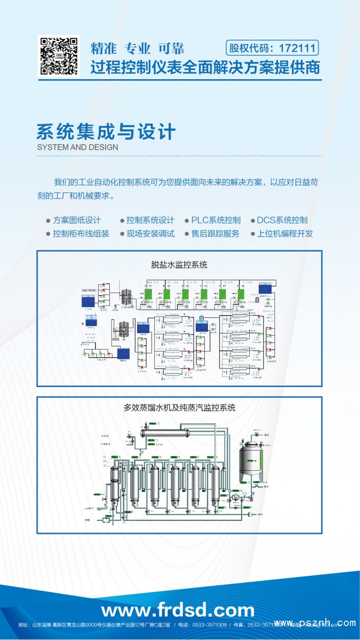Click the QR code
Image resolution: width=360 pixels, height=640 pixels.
pos(58,56)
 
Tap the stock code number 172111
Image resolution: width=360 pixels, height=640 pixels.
pos(298,48)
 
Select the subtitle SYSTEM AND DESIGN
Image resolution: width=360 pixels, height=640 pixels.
pos(77,147)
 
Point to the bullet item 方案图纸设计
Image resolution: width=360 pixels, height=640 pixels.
pos(76,220)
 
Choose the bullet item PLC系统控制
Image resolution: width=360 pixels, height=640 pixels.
pos(216,220)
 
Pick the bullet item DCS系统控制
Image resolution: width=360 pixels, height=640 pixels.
pos(282,220)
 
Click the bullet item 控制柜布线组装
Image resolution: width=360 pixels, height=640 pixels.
pos(81,234)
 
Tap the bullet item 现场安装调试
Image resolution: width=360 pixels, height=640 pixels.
pos(150,234)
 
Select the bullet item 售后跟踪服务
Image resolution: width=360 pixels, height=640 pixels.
pos(215,234)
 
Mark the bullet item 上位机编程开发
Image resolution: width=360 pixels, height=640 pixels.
pos(284,234)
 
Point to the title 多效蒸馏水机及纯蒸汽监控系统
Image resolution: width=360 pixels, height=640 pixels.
pos(179,408)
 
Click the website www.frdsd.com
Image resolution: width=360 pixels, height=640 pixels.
pos(178,610)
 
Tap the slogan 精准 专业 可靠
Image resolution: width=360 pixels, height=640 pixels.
pos(137,48)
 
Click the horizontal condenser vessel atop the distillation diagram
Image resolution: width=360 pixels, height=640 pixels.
pos(164,433)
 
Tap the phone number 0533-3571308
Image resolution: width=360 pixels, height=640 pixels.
pos(209,625)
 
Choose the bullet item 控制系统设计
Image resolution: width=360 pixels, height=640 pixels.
pos(150,220)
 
